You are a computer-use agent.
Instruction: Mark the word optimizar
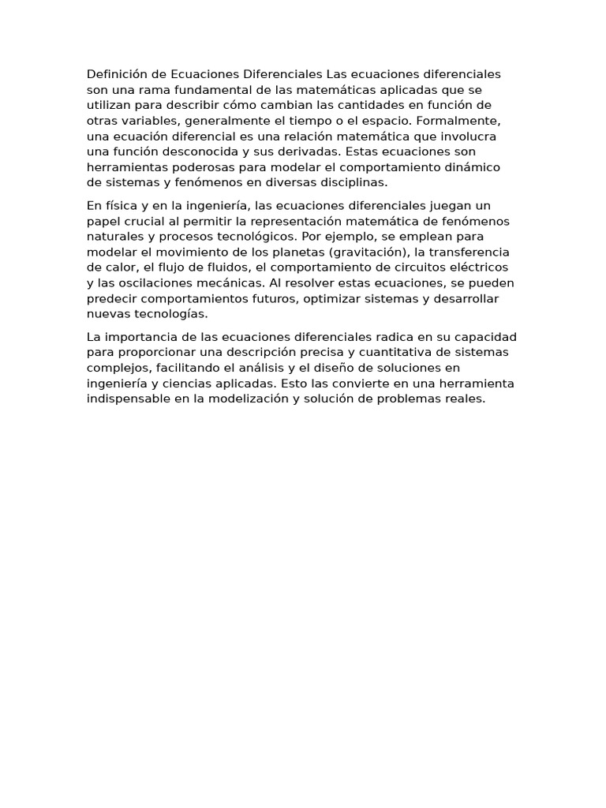tap(347, 298)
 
